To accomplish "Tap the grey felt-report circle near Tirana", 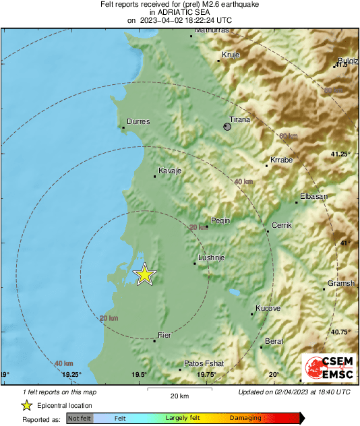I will (x=228, y=126).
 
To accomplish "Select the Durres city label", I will (x=138, y=121).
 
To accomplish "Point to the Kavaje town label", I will (x=170, y=171).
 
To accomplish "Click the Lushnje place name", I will (x=210, y=258).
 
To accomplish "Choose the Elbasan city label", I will (x=313, y=196).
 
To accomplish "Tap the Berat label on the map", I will (x=274, y=342).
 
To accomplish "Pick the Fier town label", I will (x=164, y=335).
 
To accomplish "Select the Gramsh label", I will (x=340, y=284).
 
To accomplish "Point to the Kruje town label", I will (x=231, y=55).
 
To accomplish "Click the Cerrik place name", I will (x=280, y=225).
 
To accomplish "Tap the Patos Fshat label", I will (x=204, y=363).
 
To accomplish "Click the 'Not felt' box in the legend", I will (x=80, y=419).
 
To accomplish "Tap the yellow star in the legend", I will (x=26, y=405).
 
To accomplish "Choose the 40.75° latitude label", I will (x=341, y=332).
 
